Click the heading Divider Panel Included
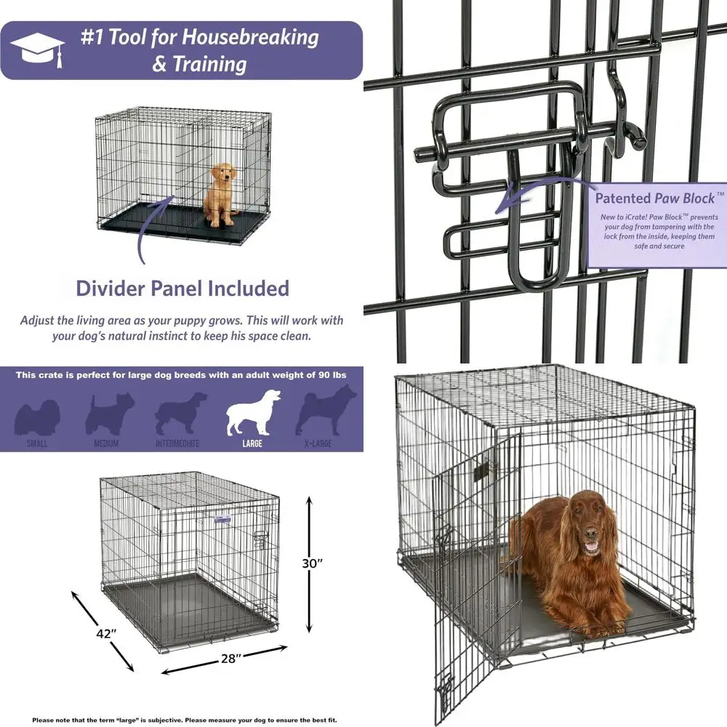point(182,288)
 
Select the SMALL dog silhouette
point(38,416)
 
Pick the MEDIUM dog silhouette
point(109,414)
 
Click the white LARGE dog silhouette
point(252,413)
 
